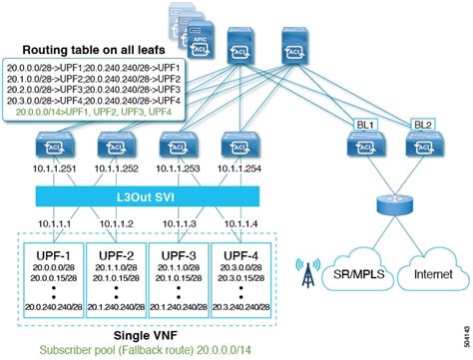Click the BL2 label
[x=423, y=126]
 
